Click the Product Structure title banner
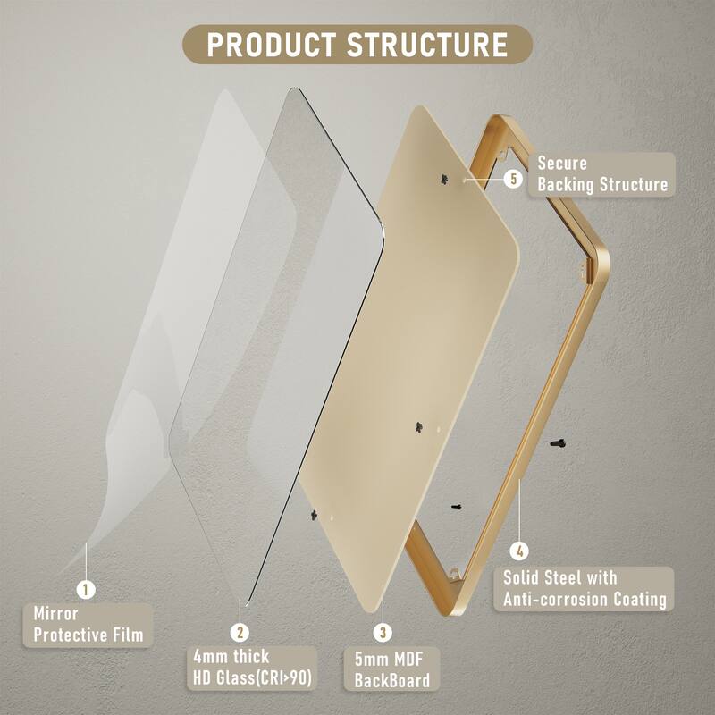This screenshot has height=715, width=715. click(357, 44)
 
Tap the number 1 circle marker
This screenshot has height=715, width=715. click(87, 589)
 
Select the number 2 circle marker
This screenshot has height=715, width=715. click(240, 632)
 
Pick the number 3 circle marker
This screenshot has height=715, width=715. click(383, 632)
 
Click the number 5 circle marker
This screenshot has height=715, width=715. click(513, 179)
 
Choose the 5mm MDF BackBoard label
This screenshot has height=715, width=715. click(392, 670)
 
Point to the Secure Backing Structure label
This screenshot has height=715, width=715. click(601, 174)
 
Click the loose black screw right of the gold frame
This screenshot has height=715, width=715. click(558, 442)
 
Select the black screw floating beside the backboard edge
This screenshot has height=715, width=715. click(456, 506)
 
